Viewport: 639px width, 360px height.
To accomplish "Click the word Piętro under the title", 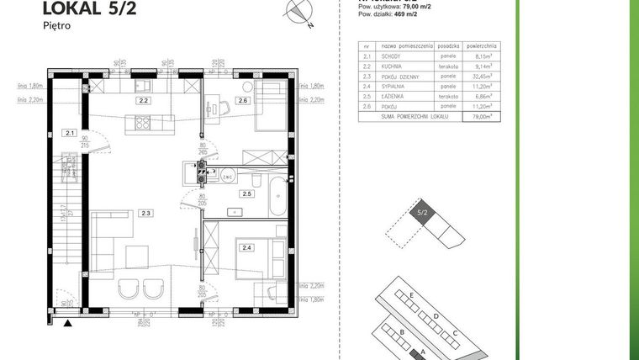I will [x=55, y=27].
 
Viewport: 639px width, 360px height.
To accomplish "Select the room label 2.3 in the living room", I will [x=146, y=214].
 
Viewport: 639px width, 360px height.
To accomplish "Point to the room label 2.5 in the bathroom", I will [x=246, y=194].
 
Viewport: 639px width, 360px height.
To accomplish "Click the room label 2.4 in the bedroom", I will [x=246, y=247].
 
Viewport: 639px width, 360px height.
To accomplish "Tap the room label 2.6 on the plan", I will [x=242, y=101].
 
